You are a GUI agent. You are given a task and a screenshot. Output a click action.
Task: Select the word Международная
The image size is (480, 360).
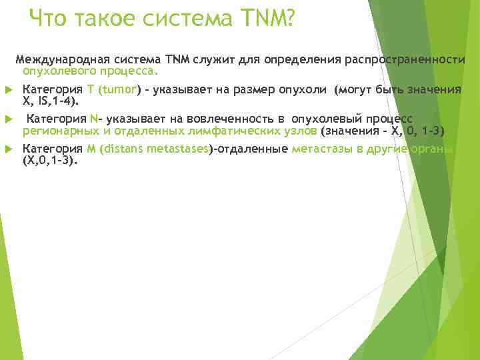pyautogui.click(x=59, y=59)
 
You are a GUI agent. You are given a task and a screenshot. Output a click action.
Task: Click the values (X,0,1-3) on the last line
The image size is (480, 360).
pyautogui.click(x=49, y=160)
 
